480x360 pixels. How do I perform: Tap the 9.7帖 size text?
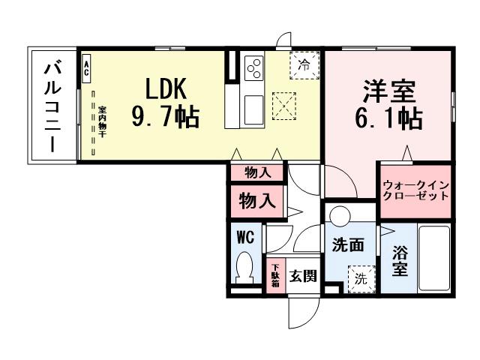[166, 117]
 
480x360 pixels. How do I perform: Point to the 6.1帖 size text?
[389, 118]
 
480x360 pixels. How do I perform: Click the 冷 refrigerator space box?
[304, 64]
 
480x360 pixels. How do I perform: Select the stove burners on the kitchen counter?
[253, 67]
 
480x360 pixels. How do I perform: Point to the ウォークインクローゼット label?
[415, 189]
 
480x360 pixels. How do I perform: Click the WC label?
[245, 237]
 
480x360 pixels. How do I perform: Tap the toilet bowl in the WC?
[245, 265]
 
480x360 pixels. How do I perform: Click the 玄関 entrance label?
[303, 275]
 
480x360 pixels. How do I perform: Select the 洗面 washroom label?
[348, 244]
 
